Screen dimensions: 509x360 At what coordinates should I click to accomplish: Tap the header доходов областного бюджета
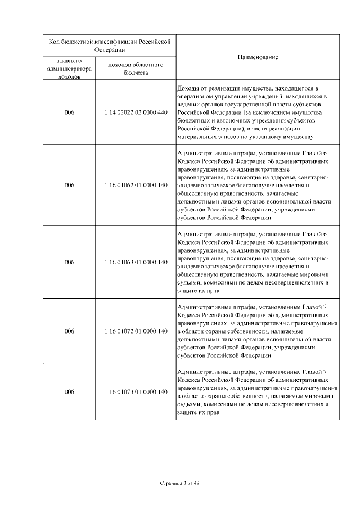click(x=136, y=69)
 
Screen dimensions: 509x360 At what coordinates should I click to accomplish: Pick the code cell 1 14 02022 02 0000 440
click(x=136, y=112)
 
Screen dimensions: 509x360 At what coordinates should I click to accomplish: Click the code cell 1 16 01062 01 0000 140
click(x=136, y=184)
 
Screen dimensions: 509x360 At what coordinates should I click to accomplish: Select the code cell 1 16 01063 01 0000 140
click(x=136, y=262)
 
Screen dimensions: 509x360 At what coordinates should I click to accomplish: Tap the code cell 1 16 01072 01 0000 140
click(x=136, y=331)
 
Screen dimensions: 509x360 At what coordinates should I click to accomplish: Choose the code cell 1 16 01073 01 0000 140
click(x=136, y=391)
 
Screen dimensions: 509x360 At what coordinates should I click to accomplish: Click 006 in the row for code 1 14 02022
click(x=69, y=112)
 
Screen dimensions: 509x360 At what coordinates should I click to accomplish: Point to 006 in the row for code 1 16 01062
click(x=69, y=184)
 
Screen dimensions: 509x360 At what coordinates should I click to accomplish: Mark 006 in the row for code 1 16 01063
click(x=69, y=262)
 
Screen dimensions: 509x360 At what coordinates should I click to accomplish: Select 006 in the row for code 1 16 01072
click(x=69, y=331)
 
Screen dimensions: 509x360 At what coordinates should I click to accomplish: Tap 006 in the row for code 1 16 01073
click(x=69, y=391)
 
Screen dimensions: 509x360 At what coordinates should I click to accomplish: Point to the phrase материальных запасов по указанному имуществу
click(x=245, y=137)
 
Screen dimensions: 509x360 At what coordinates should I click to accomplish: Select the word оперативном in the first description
click(x=194, y=97)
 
